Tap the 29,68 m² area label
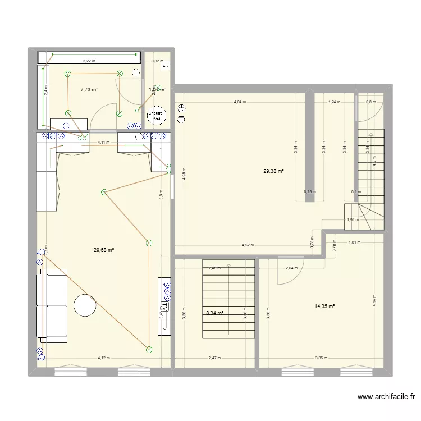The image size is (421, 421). click(x=104, y=250)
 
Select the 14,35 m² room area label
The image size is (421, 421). click(x=324, y=306)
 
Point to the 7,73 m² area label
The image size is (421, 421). click(x=89, y=89)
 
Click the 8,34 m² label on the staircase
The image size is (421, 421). click(x=213, y=313)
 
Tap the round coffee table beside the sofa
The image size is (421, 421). click(x=85, y=305)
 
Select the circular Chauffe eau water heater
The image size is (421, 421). click(x=157, y=116)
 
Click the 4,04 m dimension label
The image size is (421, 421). click(x=241, y=102)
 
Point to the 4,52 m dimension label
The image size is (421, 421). click(x=248, y=245)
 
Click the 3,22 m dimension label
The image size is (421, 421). click(x=89, y=61)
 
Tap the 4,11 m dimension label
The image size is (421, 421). click(x=103, y=143)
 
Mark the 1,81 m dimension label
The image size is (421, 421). click(x=354, y=242)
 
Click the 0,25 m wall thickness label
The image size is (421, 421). click(x=309, y=191)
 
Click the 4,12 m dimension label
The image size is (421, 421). click(x=103, y=358)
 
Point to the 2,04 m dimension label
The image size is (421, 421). click(x=292, y=268)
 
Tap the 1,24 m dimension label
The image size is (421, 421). click(x=334, y=102)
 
